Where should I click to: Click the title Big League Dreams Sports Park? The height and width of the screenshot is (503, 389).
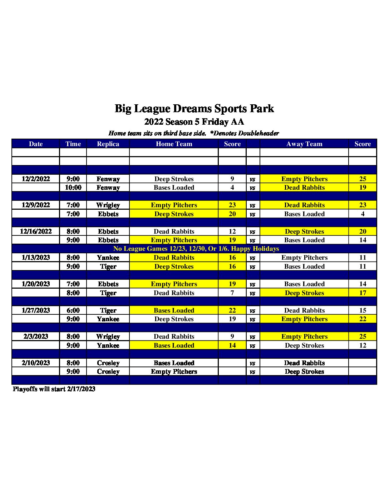[194, 109]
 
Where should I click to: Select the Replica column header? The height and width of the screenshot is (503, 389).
[108, 144]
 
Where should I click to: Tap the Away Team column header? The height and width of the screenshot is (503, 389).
[304, 144]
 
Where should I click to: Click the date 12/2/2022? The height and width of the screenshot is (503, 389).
[36, 179]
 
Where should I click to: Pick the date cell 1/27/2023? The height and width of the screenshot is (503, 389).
[36, 310]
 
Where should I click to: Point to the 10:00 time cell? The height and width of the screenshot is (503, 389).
[73, 188]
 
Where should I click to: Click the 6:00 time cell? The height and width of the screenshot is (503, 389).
[73, 310]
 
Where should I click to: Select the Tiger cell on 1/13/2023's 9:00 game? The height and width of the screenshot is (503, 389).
[108, 267]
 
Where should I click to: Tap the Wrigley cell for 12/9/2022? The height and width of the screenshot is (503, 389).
[108, 205]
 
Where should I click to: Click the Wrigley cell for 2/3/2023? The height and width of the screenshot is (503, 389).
[108, 337]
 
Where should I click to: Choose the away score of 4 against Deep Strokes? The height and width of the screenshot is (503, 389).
[363, 214]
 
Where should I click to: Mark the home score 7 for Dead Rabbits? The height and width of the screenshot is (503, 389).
[232, 293]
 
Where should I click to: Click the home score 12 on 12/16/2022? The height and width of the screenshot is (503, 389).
[232, 231]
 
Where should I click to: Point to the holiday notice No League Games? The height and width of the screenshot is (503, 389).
[196, 249]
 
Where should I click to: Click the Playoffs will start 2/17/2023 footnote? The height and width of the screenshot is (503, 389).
[54, 389]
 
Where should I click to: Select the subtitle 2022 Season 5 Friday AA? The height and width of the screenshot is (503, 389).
[194, 122]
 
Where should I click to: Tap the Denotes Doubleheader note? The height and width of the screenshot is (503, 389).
[245, 133]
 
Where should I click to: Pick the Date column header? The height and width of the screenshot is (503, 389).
[36, 144]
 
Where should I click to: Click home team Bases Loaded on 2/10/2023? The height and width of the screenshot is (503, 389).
[174, 363]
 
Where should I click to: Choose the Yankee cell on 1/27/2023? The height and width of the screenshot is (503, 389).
[108, 319]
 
